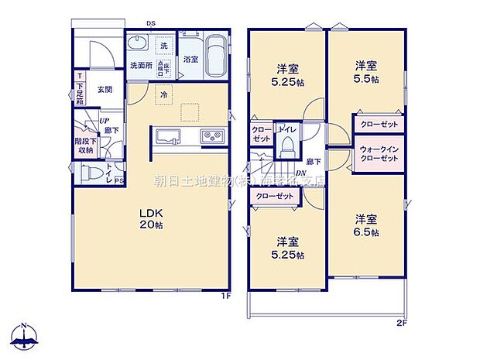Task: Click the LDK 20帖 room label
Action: [152, 218]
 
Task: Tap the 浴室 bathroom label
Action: [190, 59]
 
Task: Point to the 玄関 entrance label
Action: [105, 90]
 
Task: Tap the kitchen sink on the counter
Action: [168, 137]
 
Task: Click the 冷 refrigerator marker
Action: [163, 94]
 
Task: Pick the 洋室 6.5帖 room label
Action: [366, 225]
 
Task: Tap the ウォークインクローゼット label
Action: [378, 153]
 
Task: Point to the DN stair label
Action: [300, 173]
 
